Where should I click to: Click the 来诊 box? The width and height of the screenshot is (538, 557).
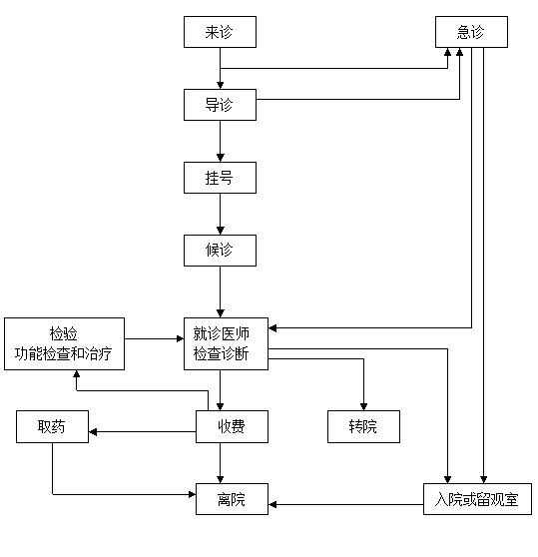[x=220, y=32]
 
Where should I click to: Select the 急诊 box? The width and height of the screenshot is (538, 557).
[x=471, y=32]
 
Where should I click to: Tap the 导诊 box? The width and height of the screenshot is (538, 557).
[x=220, y=105]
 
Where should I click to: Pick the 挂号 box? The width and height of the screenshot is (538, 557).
[x=220, y=178]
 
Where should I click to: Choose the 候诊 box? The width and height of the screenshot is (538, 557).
[x=220, y=251]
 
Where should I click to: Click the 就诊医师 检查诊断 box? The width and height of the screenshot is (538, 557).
[x=226, y=343]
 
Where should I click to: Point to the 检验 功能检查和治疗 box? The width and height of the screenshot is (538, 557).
[x=64, y=343]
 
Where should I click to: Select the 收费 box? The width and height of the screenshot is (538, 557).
[x=232, y=426]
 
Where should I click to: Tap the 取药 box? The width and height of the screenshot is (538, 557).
[x=52, y=426]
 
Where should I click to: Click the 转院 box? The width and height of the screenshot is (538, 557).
[x=363, y=426]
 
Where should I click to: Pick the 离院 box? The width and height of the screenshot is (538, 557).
[x=232, y=499]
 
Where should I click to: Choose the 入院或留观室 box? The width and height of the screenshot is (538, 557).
[x=477, y=499]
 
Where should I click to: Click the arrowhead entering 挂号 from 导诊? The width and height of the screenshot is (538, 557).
[x=221, y=158]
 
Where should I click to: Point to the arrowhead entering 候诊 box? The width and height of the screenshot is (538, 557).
[x=221, y=231]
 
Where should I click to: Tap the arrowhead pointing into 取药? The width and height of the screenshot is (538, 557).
[x=93, y=431]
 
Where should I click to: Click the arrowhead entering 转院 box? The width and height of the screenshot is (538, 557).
[x=363, y=406]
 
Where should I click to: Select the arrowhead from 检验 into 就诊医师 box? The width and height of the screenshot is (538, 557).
[x=180, y=338]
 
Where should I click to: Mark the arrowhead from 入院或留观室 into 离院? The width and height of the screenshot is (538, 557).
[x=272, y=504]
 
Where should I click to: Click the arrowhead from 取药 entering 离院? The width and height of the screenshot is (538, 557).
[x=192, y=494]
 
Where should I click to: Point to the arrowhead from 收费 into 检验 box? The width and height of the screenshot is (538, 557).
[x=76, y=374]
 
